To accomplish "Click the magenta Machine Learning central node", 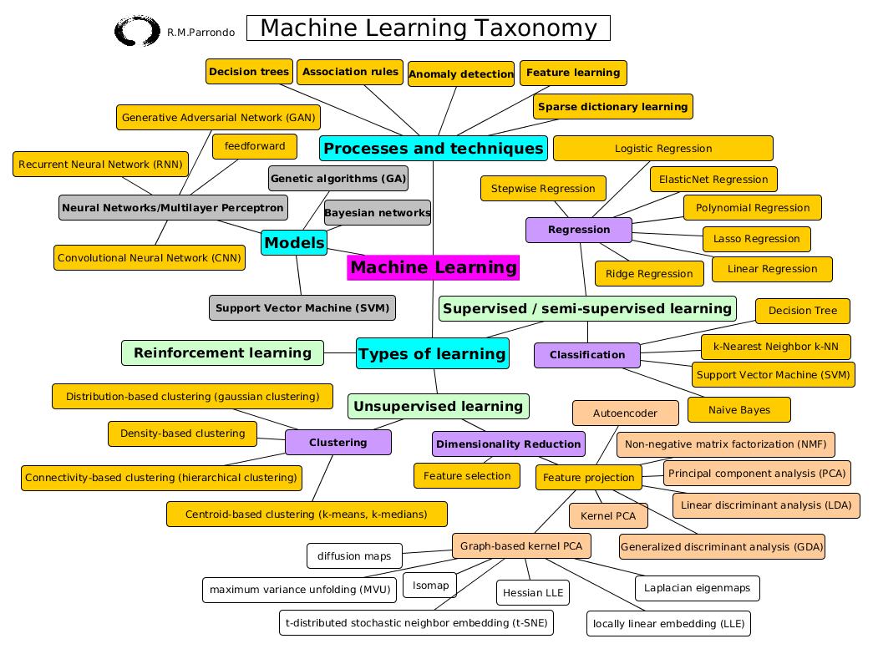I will (x=433, y=268).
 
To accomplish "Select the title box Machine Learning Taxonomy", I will (x=429, y=28).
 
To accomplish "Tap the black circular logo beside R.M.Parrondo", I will (x=136, y=32).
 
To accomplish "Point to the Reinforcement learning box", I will (x=222, y=352).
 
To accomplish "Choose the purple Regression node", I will (x=579, y=230).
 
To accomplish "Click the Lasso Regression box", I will (x=756, y=239).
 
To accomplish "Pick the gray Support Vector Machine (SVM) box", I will (x=302, y=307).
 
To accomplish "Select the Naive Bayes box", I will (x=738, y=410).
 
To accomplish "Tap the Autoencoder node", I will (x=625, y=413).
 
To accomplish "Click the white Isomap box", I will (x=430, y=586).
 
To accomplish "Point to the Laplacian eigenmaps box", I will (x=697, y=588).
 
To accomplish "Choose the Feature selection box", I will (x=467, y=476).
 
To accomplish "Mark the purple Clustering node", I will (x=338, y=443).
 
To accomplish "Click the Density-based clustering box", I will (x=182, y=434).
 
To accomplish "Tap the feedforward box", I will (x=255, y=146).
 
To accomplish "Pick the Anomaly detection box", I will (x=461, y=74).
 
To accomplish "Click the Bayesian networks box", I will (x=377, y=213).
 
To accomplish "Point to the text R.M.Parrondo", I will (x=200, y=33).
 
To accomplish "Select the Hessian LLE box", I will (x=533, y=593).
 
